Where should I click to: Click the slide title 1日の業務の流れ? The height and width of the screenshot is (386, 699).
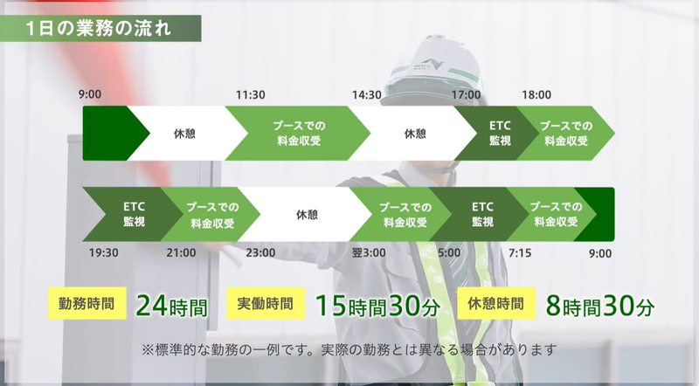(99, 29)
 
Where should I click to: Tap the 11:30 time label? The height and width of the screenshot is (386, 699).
(250, 94)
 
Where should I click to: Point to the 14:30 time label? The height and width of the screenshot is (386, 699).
(366, 94)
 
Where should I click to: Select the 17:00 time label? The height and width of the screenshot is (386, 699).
(467, 94)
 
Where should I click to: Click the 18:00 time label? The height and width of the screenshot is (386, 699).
(536, 94)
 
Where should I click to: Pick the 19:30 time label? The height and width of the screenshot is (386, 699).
(103, 252)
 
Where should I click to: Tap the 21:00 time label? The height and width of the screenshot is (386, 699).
(181, 252)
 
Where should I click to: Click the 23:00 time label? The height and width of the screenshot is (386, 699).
(260, 252)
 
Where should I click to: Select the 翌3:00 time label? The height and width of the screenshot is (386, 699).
(369, 252)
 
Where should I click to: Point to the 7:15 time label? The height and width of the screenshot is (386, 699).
(520, 252)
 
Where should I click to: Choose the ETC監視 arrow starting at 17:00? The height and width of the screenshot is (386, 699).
(496, 134)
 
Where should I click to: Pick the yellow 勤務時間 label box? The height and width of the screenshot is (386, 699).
(87, 304)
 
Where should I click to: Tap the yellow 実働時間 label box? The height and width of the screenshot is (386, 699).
(266, 304)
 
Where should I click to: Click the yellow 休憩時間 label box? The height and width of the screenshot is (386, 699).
(496, 304)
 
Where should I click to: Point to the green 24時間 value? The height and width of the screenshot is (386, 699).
(171, 306)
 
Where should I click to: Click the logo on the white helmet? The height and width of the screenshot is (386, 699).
(428, 65)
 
